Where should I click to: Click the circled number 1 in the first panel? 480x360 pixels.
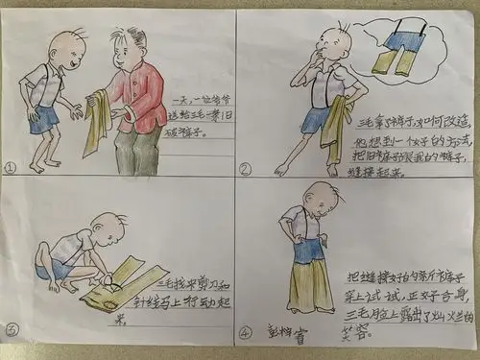click(x=12, y=165)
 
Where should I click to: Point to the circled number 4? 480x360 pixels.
click(x=245, y=335)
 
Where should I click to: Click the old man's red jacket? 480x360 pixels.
click(x=136, y=96)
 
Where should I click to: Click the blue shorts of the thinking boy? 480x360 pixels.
click(x=317, y=119)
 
